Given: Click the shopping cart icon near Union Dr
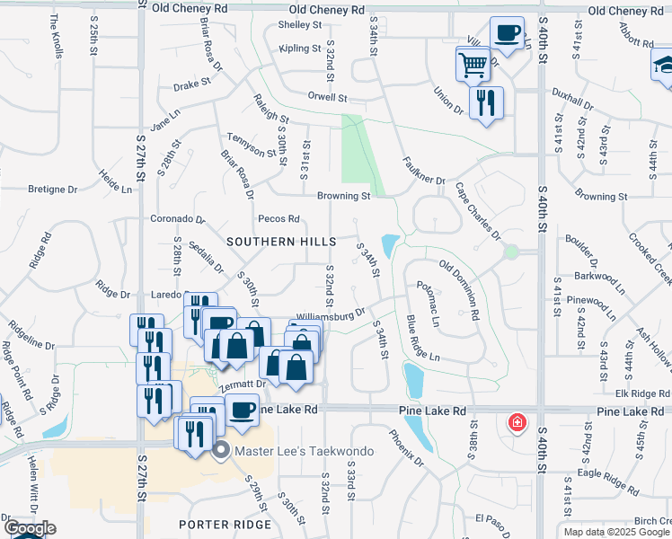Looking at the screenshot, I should [473, 64].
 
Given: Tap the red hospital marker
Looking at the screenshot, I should [517, 421].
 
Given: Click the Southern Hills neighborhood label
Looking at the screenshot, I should [281, 242].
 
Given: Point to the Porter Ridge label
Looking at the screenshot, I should [225, 525].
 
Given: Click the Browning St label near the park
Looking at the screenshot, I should [343, 196].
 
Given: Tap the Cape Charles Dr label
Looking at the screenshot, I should [478, 212].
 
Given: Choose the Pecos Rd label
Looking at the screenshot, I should [278, 218].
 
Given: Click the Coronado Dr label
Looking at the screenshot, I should [178, 218].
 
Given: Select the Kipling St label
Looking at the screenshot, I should [300, 49].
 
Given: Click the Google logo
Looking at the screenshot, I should [30, 529].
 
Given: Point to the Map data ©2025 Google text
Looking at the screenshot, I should [615, 532].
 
